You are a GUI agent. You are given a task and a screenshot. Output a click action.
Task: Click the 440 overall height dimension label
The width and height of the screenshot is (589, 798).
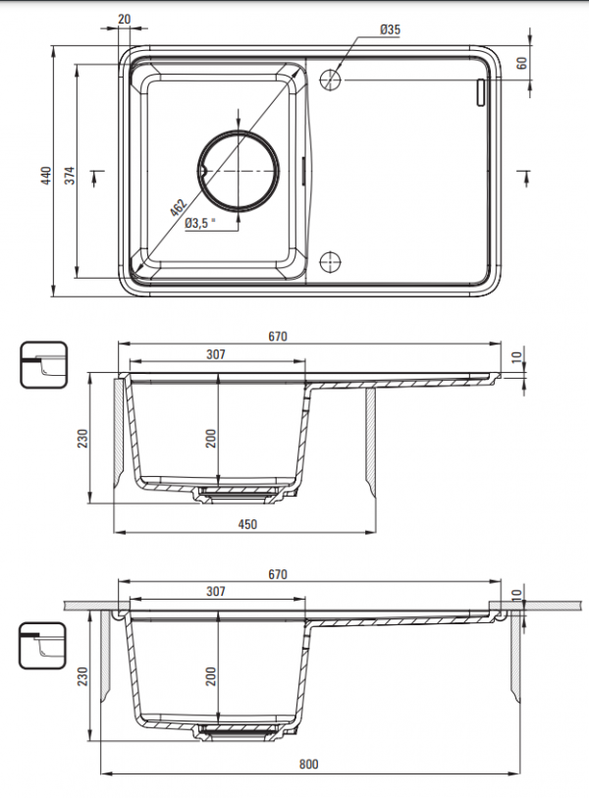point(47,175)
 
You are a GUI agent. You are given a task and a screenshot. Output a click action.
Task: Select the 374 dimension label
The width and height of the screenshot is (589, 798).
point(70,175)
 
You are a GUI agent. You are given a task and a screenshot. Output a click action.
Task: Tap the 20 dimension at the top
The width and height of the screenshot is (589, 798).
point(124,20)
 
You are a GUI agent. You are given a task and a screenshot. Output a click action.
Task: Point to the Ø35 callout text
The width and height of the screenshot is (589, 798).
point(391,29)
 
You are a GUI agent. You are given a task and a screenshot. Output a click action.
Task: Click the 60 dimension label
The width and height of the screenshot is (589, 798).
point(521,63)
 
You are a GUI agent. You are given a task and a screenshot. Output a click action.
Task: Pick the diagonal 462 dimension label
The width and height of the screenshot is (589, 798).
point(179,207)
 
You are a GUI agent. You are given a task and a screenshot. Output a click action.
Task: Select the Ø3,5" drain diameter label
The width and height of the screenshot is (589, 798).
point(199,223)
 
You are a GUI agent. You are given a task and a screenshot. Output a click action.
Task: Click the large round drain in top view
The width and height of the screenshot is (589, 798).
point(239,171)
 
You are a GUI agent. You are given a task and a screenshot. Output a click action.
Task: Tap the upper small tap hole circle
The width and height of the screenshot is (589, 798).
point(330,80)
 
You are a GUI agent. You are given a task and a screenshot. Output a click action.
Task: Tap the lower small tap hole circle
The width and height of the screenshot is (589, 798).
point(330,262)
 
